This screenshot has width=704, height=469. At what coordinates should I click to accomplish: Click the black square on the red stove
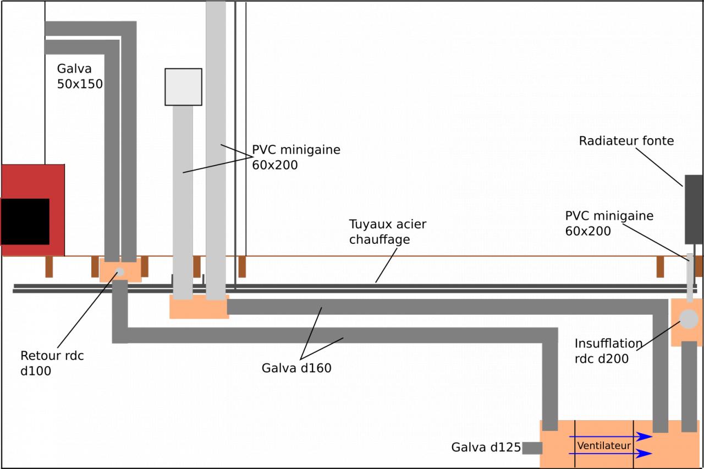click(x=25, y=221)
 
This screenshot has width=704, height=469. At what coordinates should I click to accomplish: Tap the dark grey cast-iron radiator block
click(x=694, y=209)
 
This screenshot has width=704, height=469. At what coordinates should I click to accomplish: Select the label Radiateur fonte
click(x=626, y=141)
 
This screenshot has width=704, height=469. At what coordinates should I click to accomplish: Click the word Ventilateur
click(x=604, y=445)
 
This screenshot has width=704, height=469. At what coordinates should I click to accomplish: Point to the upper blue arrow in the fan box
click(x=610, y=437)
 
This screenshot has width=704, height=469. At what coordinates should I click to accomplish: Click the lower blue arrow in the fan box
click(x=610, y=454)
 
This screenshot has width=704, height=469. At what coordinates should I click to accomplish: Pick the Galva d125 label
click(x=486, y=447)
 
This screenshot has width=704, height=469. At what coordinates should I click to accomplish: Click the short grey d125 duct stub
click(x=532, y=448)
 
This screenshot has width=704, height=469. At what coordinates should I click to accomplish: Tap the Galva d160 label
click(x=296, y=368)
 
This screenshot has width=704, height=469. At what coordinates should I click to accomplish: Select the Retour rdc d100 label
click(x=52, y=363)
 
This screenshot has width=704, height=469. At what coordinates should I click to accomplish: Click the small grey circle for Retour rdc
click(x=119, y=271)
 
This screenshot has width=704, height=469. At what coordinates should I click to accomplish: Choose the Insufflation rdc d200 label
click(x=608, y=351)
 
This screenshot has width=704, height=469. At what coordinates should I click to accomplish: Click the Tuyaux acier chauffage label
click(x=387, y=232)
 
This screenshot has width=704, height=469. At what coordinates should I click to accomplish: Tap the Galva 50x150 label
click(x=80, y=76)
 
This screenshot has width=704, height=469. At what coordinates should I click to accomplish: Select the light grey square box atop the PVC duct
click(x=183, y=87)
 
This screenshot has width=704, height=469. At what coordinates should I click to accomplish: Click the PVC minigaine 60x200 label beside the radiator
click(x=609, y=223)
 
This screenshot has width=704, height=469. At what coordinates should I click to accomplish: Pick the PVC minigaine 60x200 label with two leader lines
click(x=296, y=157)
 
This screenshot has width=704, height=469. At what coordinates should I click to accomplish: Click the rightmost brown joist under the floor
click(x=660, y=267)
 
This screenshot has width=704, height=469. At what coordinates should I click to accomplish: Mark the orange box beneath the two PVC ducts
click(x=199, y=307)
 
